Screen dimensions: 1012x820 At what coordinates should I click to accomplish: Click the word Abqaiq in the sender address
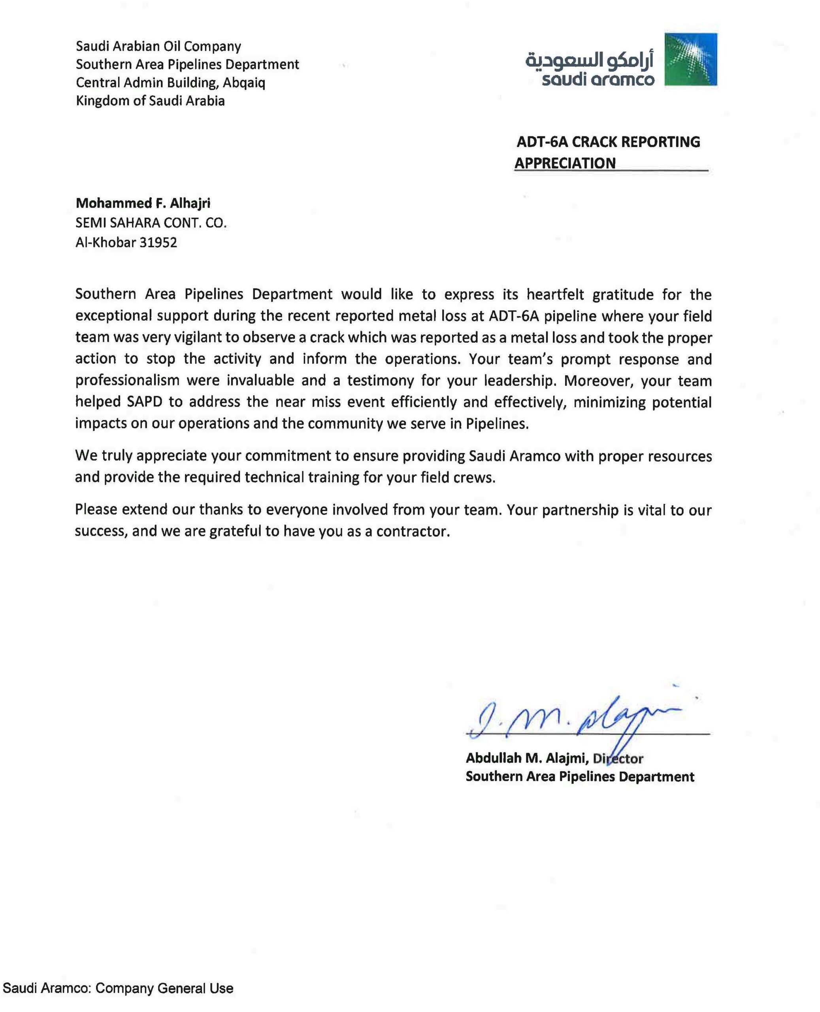pyautogui.click(x=244, y=83)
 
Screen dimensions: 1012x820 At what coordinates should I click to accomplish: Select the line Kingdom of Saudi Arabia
pyautogui.click(x=150, y=101)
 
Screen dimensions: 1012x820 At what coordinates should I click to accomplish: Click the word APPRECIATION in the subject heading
pyautogui.click(x=565, y=163)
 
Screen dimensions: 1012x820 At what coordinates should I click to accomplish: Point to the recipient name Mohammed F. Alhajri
pyautogui.click(x=143, y=203)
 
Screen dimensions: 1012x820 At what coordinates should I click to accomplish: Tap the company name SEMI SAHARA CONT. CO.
pyautogui.click(x=151, y=223)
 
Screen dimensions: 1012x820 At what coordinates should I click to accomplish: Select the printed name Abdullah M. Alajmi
pyautogui.click(x=527, y=758)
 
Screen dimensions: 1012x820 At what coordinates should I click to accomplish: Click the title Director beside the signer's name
pyautogui.click(x=618, y=758)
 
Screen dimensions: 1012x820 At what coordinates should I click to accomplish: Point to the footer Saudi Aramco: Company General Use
pyautogui.click(x=118, y=988)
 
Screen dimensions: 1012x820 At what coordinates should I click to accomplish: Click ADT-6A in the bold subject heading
pyautogui.click(x=542, y=142)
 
